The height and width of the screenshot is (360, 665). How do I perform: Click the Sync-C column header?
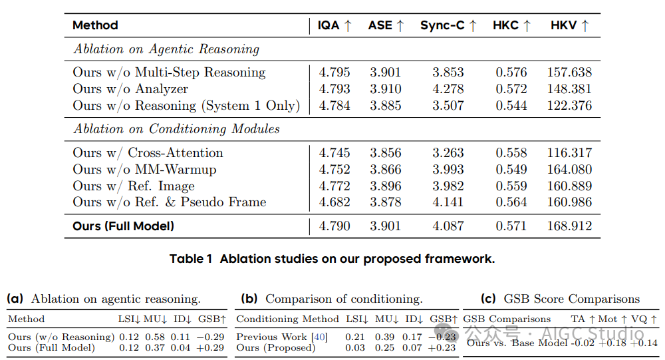448,26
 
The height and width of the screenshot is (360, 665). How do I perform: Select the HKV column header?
569,26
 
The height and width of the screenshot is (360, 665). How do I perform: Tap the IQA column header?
334,26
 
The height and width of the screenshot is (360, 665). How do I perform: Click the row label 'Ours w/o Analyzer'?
130,89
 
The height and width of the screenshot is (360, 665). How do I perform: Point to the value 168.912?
569,226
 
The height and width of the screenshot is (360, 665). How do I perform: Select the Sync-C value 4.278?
448,89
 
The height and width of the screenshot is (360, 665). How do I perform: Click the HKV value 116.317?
569,153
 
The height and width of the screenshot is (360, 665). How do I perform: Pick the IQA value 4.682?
334,202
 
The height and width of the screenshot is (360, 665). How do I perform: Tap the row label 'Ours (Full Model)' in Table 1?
123,226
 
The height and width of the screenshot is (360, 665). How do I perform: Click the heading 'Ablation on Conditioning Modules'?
176,128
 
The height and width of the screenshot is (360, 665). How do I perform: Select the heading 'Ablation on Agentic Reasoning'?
166,49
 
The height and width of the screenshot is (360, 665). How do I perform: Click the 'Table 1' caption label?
193,259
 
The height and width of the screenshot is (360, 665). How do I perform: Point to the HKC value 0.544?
511,106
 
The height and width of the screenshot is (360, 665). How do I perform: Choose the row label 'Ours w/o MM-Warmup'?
144,170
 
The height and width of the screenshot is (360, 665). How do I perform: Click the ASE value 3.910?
385,89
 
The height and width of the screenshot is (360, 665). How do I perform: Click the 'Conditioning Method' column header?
287,319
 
